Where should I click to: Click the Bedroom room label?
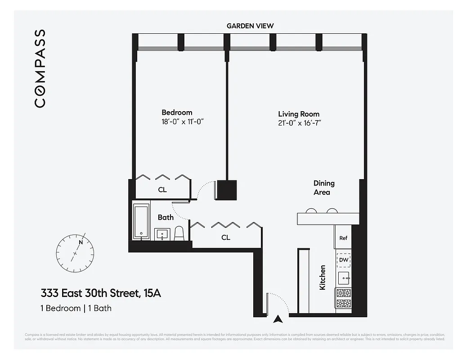pos(177,112)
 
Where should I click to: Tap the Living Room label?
pos(299,114)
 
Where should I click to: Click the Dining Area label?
pos(324,188)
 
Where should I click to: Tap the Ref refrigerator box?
pos(343,238)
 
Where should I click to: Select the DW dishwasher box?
pos(344,260)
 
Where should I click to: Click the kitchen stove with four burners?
pos(344,297)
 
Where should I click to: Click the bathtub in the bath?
pos(142,221)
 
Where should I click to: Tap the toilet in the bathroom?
pos(179,233)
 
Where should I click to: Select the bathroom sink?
pos(162,234)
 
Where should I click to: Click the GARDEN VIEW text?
pos(250,26)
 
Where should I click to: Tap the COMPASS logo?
pos(40,68)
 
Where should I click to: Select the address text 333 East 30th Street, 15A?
pos(101,294)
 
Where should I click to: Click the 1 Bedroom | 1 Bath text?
pos(76,308)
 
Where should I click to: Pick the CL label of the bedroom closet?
pos(162,190)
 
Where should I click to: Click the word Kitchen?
pos(323,277)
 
